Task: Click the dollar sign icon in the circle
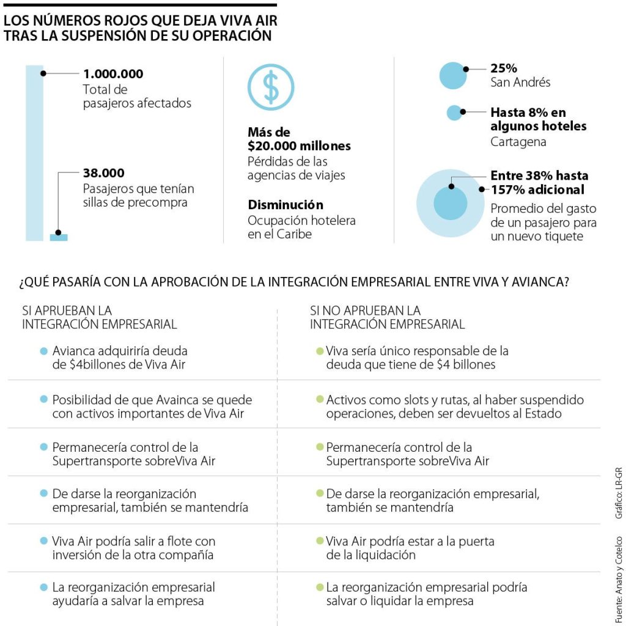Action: pos(271,87)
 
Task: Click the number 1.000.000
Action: pos(113,74)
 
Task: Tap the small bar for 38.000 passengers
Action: pos(59,237)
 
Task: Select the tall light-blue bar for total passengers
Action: pos(34,153)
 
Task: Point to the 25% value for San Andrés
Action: pos(504,68)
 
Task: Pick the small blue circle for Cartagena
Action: pos(454,112)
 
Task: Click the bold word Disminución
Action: pos(285,205)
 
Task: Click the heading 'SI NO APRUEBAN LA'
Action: pos(365,311)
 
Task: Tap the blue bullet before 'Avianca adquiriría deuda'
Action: pos(43,352)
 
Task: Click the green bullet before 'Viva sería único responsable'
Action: pos(319,352)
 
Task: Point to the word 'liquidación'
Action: pos(385,555)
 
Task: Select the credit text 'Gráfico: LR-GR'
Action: pos(619,494)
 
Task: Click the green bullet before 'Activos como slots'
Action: pos(319,400)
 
